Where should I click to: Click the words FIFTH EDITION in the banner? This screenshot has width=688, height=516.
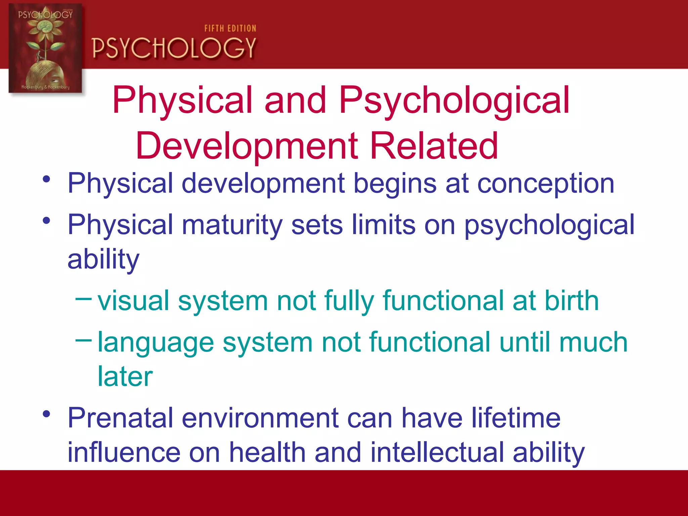pos(230,29)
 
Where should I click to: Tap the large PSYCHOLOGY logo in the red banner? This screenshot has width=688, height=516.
pos(174,48)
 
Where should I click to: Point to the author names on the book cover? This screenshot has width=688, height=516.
pos(45,87)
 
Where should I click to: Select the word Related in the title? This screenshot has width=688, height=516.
pos(434,146)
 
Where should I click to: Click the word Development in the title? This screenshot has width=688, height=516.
pos(247,146)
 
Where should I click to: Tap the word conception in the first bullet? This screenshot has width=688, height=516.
pos(546,184)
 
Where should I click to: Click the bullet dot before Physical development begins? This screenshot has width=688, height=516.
pos(46,179)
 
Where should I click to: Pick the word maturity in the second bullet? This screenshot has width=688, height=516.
pos(232,225)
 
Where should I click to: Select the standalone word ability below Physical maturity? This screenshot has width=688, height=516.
pos(103,259)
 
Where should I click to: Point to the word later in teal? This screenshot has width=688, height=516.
pos(125,376)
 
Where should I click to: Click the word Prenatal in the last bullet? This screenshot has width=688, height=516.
pos(120,418)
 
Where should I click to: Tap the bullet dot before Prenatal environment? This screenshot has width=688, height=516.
pos(46,414)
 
